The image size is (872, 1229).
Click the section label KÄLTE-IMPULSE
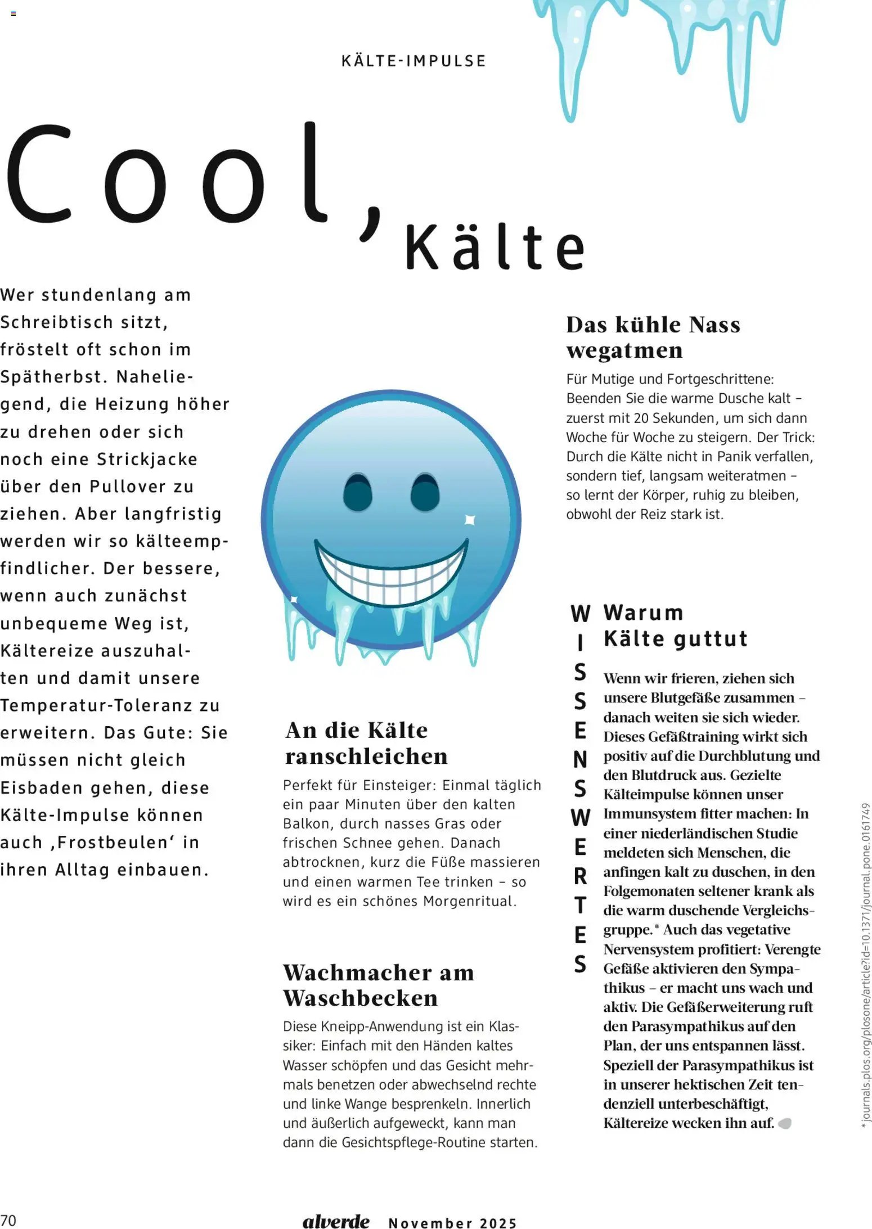click(413, 61)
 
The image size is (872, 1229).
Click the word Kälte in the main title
click(495, 247)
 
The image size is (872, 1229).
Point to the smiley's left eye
click(358, 492)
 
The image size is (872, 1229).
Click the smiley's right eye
click(425, 492)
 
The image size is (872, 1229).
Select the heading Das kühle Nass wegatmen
click(653, 337)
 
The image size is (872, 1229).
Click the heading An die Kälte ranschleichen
click(366, 743)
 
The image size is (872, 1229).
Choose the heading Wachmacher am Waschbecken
click(378, 985)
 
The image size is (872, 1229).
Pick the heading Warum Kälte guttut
click(675, 625)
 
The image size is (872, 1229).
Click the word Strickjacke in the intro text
click(147, 459)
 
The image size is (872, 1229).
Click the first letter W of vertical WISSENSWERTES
click(580, 614)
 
